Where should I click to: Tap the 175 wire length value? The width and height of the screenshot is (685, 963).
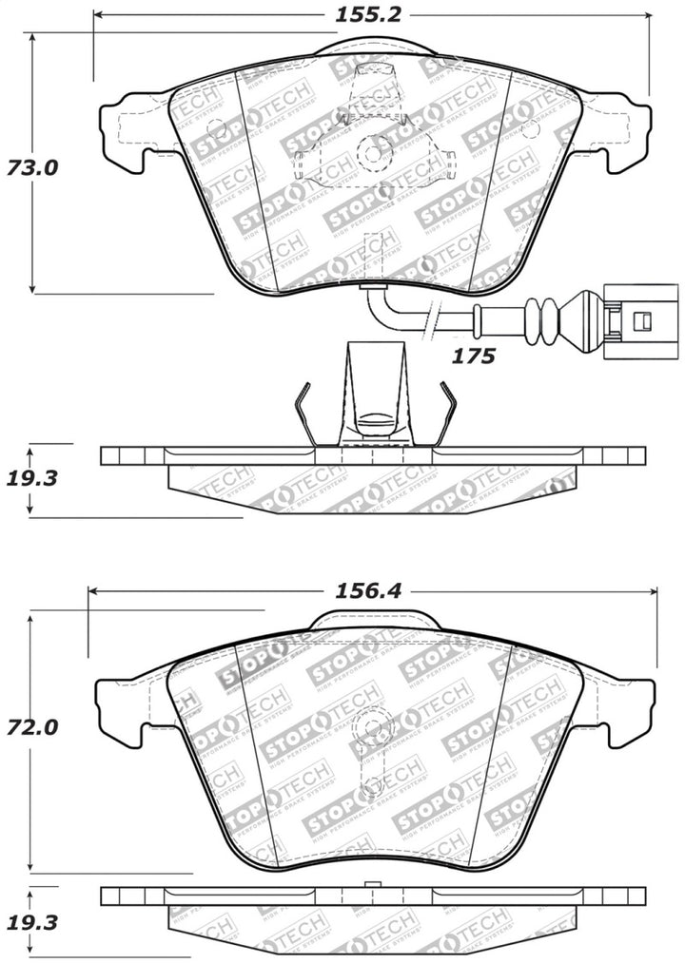click(473, 356)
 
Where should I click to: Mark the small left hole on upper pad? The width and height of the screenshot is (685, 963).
click(218, 130)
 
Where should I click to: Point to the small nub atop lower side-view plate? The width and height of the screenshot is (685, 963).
click(373, 886)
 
